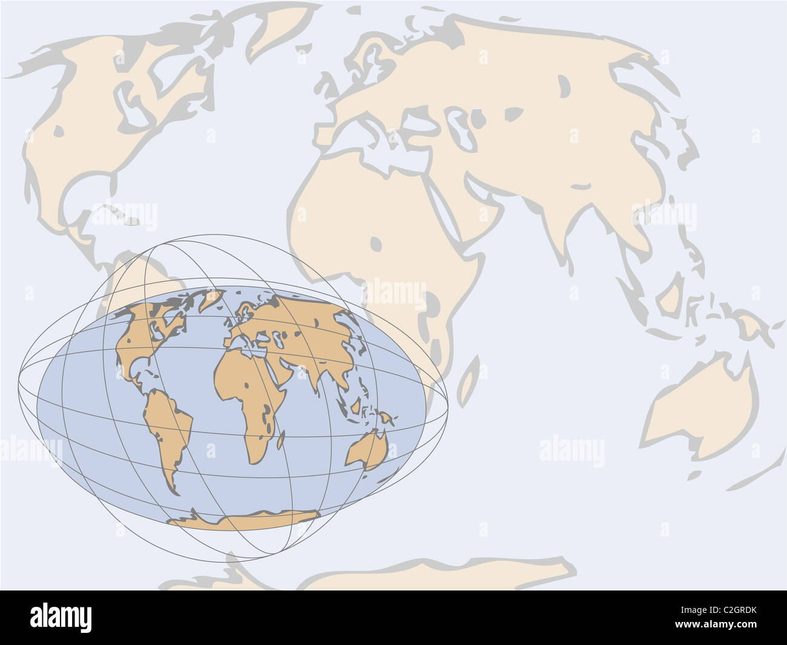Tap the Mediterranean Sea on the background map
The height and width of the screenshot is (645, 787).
coord(387,145)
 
